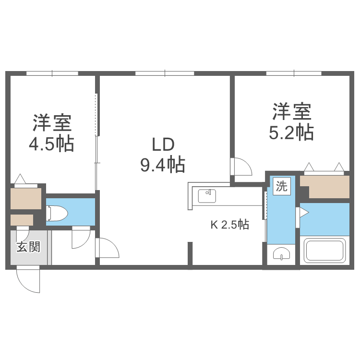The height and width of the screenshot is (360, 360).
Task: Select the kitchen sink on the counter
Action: (207, 196)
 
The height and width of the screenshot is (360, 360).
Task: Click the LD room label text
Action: (162, 144)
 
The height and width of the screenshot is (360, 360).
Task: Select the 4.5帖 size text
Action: (52, 144)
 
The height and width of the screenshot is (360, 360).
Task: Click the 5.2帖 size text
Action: (291, 132)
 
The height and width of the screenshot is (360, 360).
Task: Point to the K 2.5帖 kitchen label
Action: (230, 225)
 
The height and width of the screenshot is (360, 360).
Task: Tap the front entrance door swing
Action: (29, 280)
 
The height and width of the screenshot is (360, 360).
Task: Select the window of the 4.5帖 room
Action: (52, 73)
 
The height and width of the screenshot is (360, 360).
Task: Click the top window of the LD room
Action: (165, 73)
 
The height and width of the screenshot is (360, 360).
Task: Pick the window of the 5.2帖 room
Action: (293, 73)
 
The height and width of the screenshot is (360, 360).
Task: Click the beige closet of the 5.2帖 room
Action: (328, 187)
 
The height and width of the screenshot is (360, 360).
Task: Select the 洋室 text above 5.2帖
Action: (291, 112)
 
